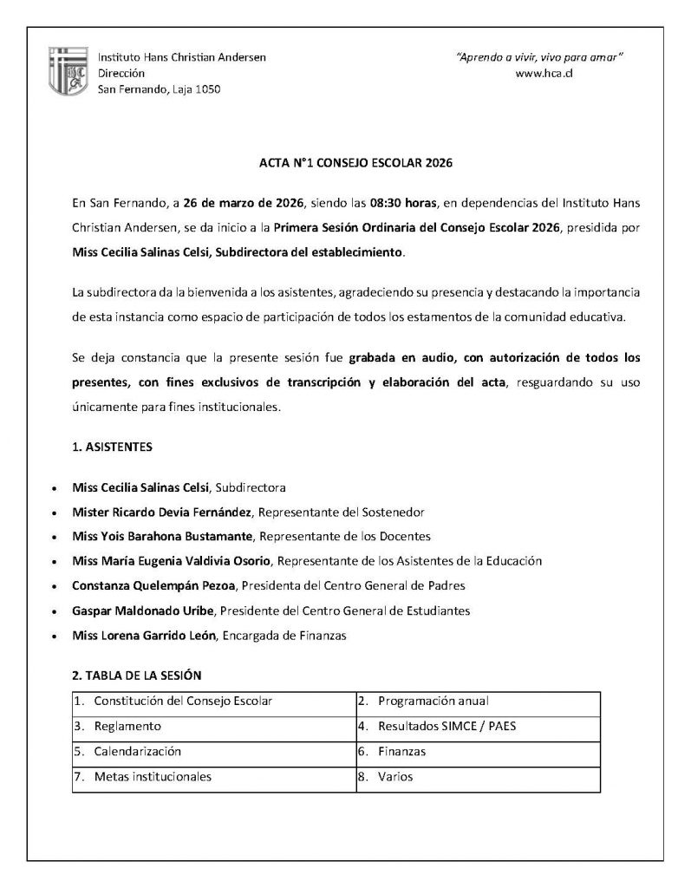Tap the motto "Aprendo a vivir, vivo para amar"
point(540,57)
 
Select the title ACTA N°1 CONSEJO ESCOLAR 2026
point(345,162)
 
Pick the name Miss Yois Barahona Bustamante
point(163,536)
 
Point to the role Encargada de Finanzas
point(284,636)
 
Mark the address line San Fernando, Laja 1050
point(159,90)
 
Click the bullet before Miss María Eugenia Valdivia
point(56,562)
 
